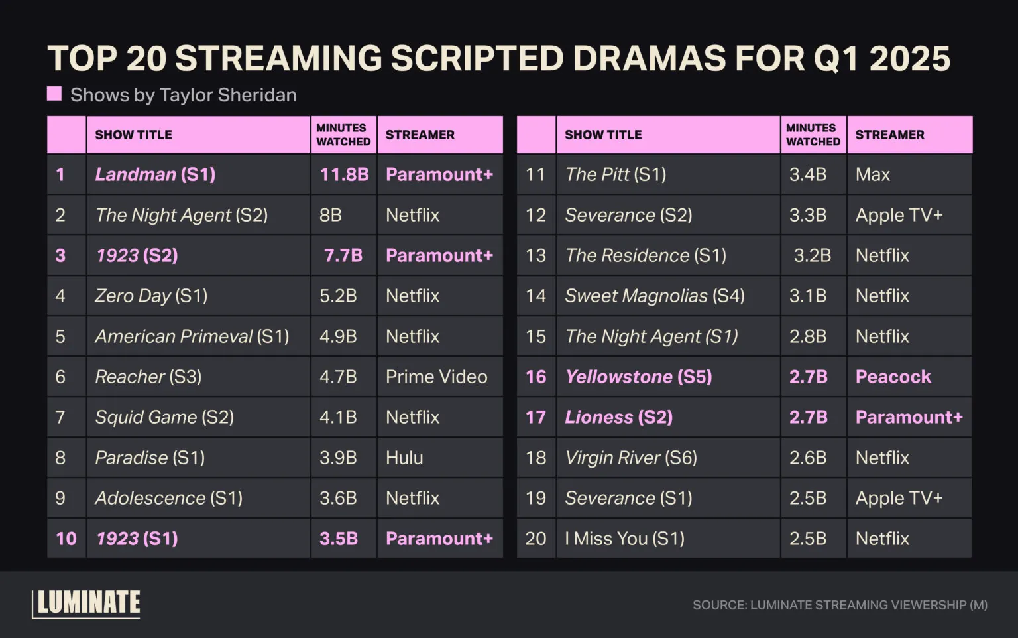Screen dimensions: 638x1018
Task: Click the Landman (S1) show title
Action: coord(155,174)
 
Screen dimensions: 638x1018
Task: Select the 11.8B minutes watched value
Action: coord(344,174)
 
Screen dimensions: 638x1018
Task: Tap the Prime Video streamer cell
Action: coord(436,377)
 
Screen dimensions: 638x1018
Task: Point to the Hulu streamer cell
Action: coord(404,458)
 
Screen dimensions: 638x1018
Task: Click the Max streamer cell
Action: coord(872,174)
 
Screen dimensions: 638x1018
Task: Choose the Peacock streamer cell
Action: coord(893,377)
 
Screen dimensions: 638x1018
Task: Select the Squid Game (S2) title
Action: coord(164,417)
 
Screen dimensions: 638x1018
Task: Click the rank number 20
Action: coord(536,539)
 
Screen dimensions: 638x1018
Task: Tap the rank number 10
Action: coord(66,539)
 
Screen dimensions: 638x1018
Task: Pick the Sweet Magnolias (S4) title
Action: coord(654,296)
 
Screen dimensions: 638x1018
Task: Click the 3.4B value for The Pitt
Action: coord(807,174)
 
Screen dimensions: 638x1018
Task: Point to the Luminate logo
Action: coord(86,603)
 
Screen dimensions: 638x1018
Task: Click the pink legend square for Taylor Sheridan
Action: coord(54,94)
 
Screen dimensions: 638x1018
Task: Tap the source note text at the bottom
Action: coord(840,605)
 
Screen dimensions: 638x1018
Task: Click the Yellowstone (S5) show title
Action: coord(638,377)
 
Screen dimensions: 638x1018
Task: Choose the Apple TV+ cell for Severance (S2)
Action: coord(899,215)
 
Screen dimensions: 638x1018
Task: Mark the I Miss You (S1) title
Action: coord(624,539)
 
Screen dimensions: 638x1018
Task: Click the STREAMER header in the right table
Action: coord(889,135)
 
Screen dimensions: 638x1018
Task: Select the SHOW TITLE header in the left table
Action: coord(133,135)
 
